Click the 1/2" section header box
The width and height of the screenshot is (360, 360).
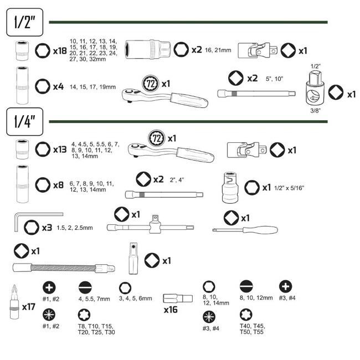(x=25, y=22)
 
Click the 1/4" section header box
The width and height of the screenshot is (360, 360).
(x=25, y=122)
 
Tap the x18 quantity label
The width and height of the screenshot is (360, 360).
(x=60, y=51)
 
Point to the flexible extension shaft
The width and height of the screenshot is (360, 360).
(x=64, y=268)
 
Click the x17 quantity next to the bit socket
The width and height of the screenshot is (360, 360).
(x=28, y=307)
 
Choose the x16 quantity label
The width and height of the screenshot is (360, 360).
(x=171, y=310)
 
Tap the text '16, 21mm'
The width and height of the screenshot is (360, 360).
(x=218, y=50)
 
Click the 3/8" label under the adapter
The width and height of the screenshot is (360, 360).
(x=316, y=111)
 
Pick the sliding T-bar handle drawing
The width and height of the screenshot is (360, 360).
(x=151, y=227)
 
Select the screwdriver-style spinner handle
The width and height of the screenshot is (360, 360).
(x=245, y=230)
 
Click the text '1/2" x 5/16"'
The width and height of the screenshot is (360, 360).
(x=289, y=188)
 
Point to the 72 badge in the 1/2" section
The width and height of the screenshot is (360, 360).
(x=151, y=84)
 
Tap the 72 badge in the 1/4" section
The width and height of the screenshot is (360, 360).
(x=157, y=138)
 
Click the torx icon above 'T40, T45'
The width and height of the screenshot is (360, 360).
(x=246, y=315)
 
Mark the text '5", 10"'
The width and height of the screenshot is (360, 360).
(x=274, y=79)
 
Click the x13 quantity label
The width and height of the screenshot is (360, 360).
(x=60, y=150)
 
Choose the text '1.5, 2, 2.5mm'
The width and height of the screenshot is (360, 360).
(x=75, y=228)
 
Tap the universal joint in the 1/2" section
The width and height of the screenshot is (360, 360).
(x=258, y=50)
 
